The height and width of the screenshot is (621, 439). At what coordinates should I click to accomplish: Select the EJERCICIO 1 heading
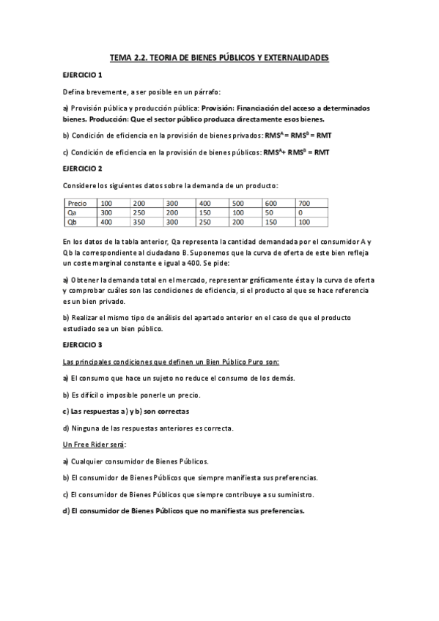pos(82,75)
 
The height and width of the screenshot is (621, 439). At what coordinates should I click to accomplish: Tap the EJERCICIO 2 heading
pos(82,168)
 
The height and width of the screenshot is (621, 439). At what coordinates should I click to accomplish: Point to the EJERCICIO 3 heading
pos(82,344)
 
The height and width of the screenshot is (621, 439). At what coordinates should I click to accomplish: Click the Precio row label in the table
pos(76,203)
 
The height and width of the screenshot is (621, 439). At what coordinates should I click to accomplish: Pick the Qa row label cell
pos(72,212)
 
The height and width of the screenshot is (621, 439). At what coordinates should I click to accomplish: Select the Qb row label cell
pos(72,221)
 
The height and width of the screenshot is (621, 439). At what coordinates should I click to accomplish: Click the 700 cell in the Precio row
pos(305,203)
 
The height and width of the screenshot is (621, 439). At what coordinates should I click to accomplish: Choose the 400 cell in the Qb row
pos(107,221)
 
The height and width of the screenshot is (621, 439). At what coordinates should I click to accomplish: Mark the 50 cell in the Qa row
pos(269,212)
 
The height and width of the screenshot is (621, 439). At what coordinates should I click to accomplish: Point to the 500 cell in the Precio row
pos(238,203)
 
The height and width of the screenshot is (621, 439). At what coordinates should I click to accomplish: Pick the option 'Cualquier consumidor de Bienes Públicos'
pos(136,461)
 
